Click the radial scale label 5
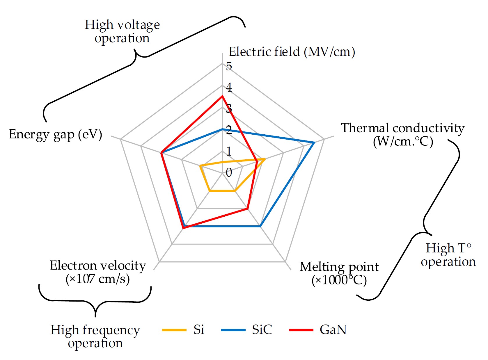coord(229,66)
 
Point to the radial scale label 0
coord(229,173)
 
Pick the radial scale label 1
coord(229,152)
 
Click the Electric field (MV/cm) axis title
coord(292,52)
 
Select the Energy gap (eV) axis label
coord(56,134)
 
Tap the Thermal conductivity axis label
coord(403,135)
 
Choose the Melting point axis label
coord(339,273)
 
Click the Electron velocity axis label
coord(98,272)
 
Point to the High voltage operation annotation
coord(122,31)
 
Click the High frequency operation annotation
coord(95,336)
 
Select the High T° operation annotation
coord(448,255)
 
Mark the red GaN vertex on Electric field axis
coord(222,96)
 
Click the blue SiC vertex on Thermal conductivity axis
coord(314,142)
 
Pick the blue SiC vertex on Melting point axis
coord(260,226)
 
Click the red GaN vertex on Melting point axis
coord(247,208)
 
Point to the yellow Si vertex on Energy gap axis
coord(200,166)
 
